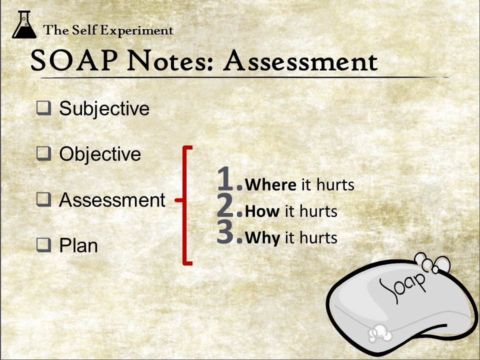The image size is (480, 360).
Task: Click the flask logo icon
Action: click(24, 24)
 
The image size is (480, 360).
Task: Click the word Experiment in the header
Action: click(137, 30)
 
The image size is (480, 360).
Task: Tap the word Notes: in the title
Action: click(169, 60)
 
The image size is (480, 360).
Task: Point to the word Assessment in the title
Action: click(300, 60)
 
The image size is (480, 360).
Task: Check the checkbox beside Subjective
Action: click(44, 108)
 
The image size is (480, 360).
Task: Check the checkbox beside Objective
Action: click(44, 153)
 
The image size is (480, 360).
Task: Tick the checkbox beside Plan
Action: click(44, 245)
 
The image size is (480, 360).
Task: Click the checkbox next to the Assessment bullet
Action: click(44, 199)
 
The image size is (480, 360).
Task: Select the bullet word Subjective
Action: click(104, 109)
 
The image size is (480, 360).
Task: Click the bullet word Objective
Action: click(100, 154)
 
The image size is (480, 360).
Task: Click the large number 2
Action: click(225, 205)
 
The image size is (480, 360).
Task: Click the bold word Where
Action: click(270, 184)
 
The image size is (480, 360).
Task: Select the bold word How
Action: click(262, 211)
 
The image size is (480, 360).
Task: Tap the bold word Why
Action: click(262, 238)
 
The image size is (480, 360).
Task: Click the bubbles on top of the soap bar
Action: click(432, 263)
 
